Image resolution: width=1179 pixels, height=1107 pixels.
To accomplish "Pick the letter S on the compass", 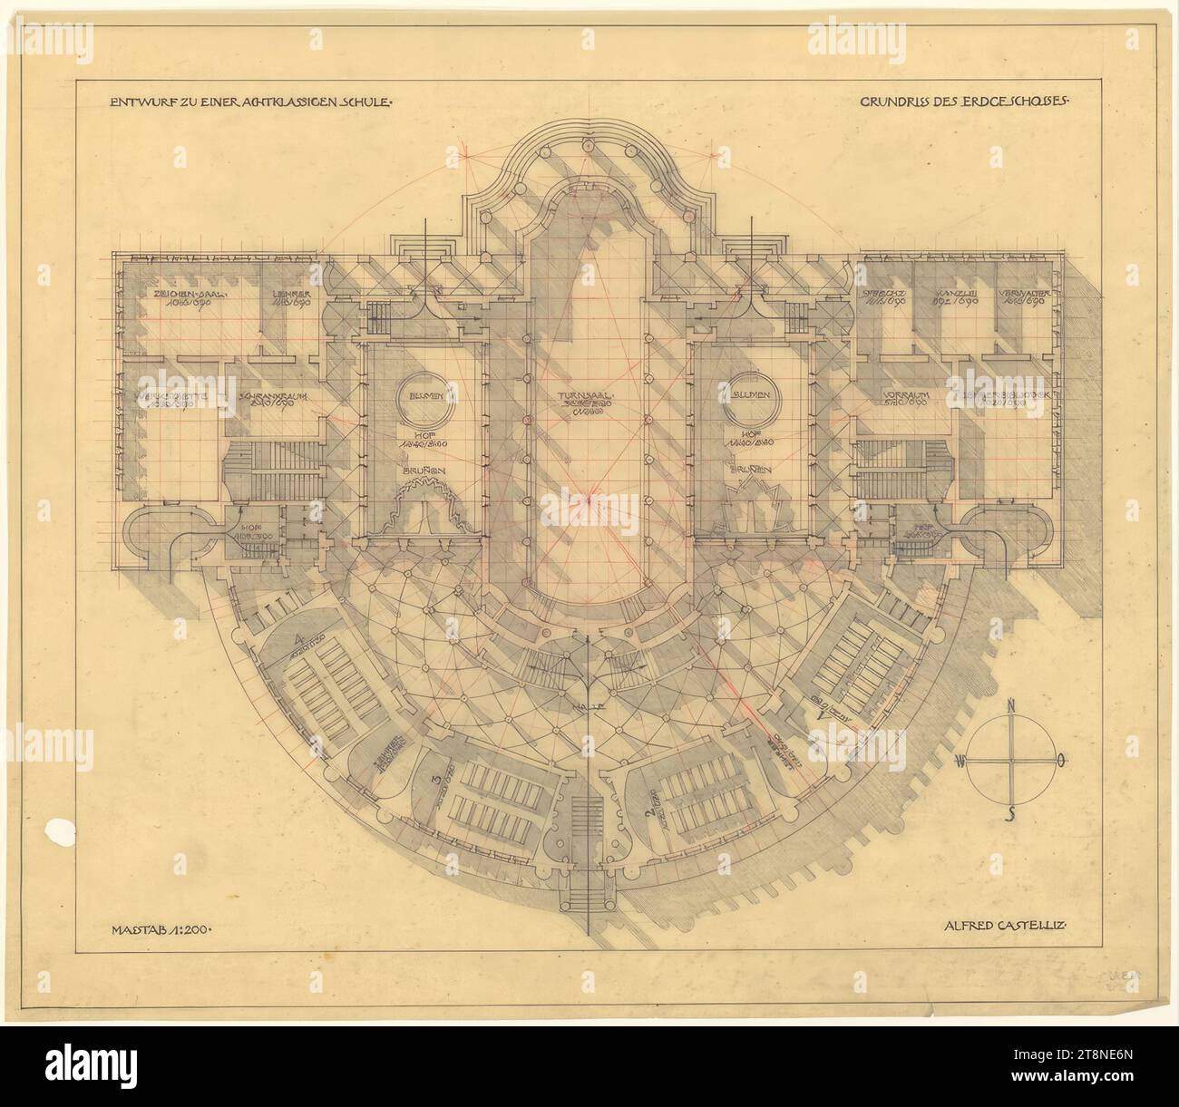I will point(1011,811).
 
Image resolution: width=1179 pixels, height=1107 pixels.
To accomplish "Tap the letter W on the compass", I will point(961,761).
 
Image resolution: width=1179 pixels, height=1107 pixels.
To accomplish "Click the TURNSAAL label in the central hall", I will point(589,397).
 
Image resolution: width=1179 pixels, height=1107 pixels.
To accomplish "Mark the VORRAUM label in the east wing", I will point(902,395).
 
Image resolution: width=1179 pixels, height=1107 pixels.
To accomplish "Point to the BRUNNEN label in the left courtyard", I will point(427,471).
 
